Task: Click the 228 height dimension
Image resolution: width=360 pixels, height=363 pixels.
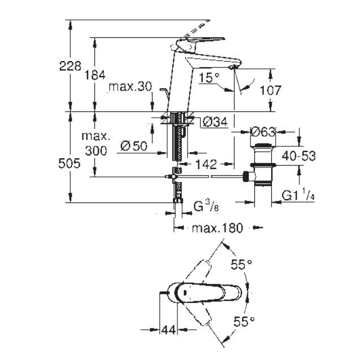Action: point(71,66)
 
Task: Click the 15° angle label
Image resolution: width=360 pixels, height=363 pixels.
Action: point(209,79)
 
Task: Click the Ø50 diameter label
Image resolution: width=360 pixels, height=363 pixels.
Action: point(134,145)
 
